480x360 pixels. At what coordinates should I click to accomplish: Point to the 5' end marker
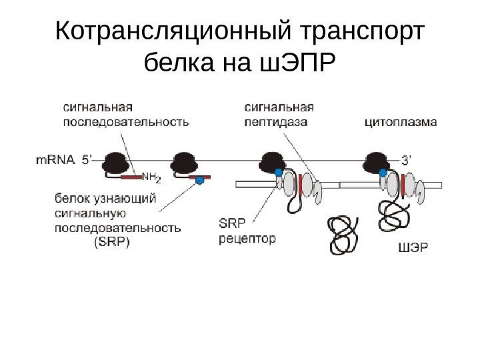tap(89, 160)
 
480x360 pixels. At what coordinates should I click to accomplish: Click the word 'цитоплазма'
tap(401, 122)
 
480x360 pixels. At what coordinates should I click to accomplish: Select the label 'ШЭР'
tap(413, 249)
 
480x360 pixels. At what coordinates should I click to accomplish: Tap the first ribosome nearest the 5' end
tap(116, 162)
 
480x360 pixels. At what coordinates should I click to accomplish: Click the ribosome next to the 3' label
tap(377, 161)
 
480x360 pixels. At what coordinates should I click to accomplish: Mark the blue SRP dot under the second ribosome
tap(199, 180)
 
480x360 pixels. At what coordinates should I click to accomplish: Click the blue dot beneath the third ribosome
tap(279, 173)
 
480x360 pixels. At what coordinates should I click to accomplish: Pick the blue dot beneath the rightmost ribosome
tap(383, 173)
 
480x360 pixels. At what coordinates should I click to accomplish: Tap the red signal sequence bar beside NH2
tap(130, 177)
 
